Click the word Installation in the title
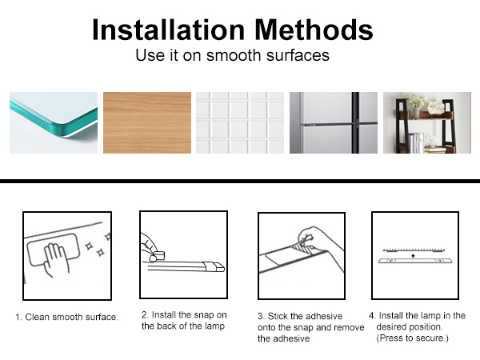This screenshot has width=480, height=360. coord(168,30)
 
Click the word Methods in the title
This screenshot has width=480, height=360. coord(314,30)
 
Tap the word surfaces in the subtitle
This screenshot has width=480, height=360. coord(298,55)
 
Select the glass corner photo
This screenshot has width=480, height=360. coord(54,122)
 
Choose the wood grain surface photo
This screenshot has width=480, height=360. coord(147,122)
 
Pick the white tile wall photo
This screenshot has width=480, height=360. coord(240,122)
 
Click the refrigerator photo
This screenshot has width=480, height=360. coord(334,122)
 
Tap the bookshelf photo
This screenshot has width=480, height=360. coord(427,122)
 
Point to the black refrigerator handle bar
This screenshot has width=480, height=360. coord(355,122)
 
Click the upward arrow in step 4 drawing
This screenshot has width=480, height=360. coord(414,255)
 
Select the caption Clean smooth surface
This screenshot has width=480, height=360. coord(66,317)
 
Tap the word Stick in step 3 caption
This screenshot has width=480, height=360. coord(278,316)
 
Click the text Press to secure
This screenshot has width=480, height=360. coord(412,338)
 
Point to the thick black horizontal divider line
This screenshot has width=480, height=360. coord(240,181)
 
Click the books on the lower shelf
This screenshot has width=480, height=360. coord(417,142)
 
